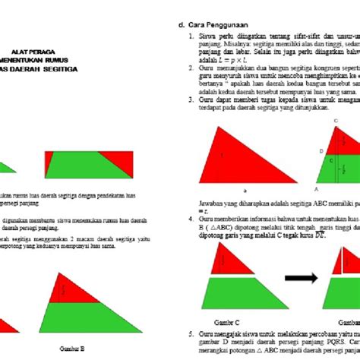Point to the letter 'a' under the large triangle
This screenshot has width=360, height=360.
click(x=245, y=191)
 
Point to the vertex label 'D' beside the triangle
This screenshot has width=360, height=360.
click(x=321, y=151)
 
